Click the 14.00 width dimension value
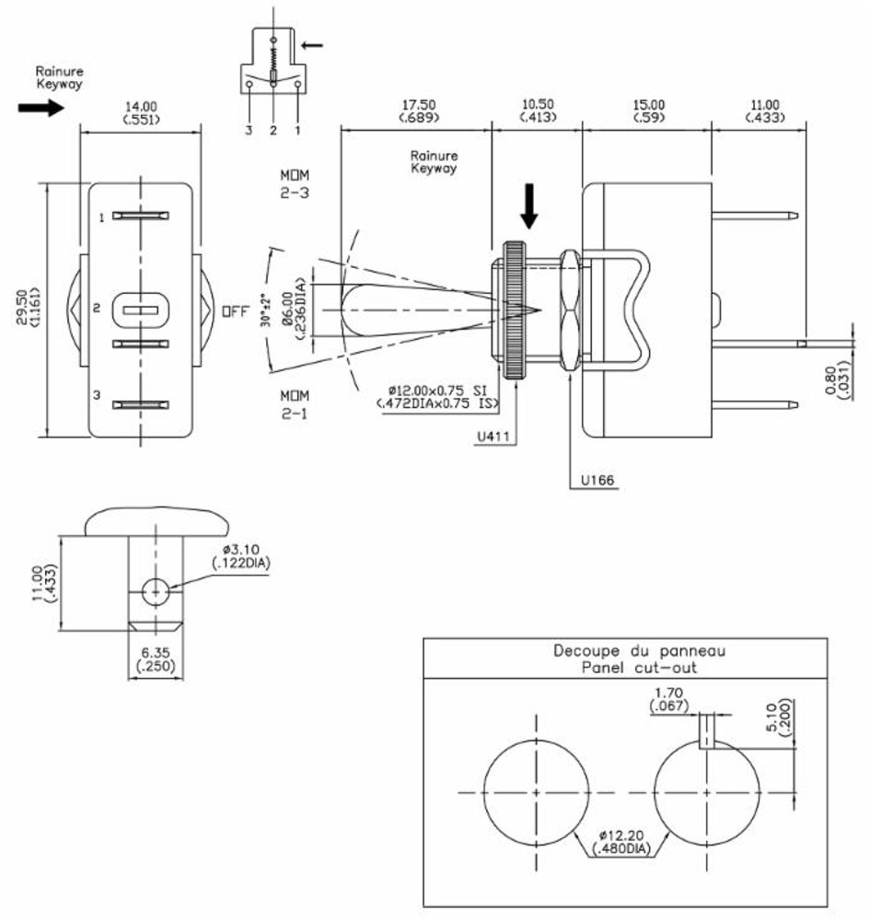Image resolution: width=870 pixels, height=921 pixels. pos(141,107)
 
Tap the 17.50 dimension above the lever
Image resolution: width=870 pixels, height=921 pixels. pos(418,105)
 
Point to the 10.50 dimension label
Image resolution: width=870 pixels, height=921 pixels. pos(537,105)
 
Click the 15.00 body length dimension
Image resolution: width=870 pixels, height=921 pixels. pos(647,105)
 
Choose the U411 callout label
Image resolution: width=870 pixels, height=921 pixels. pos(493,439)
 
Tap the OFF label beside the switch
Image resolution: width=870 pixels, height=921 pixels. pos(235,311)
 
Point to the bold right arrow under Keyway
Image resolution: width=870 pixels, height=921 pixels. pos(41,108)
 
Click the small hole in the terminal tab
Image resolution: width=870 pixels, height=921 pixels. pos(157,591)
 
